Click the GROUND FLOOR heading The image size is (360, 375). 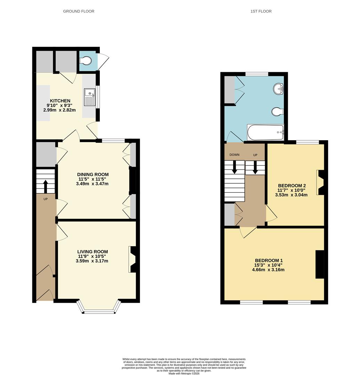(x=79, y=11)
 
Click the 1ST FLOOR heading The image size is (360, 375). (x=261, y=11)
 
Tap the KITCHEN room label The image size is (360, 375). (x=59, y=101)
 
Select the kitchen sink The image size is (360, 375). (x=89, y=97)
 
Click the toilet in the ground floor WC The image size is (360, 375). (x=86, y=61)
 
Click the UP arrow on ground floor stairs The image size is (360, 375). (x=46, y=186)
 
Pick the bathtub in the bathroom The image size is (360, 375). (x=265, y=132)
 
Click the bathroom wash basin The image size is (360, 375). (x=278, y=89)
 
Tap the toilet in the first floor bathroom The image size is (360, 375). (x=277, y=111)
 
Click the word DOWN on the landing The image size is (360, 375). (x=235, y=155)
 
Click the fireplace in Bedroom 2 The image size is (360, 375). (x=320, y=182)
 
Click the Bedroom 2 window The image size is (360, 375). (x=307, y=142)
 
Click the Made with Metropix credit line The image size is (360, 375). (x=184, y=373)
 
